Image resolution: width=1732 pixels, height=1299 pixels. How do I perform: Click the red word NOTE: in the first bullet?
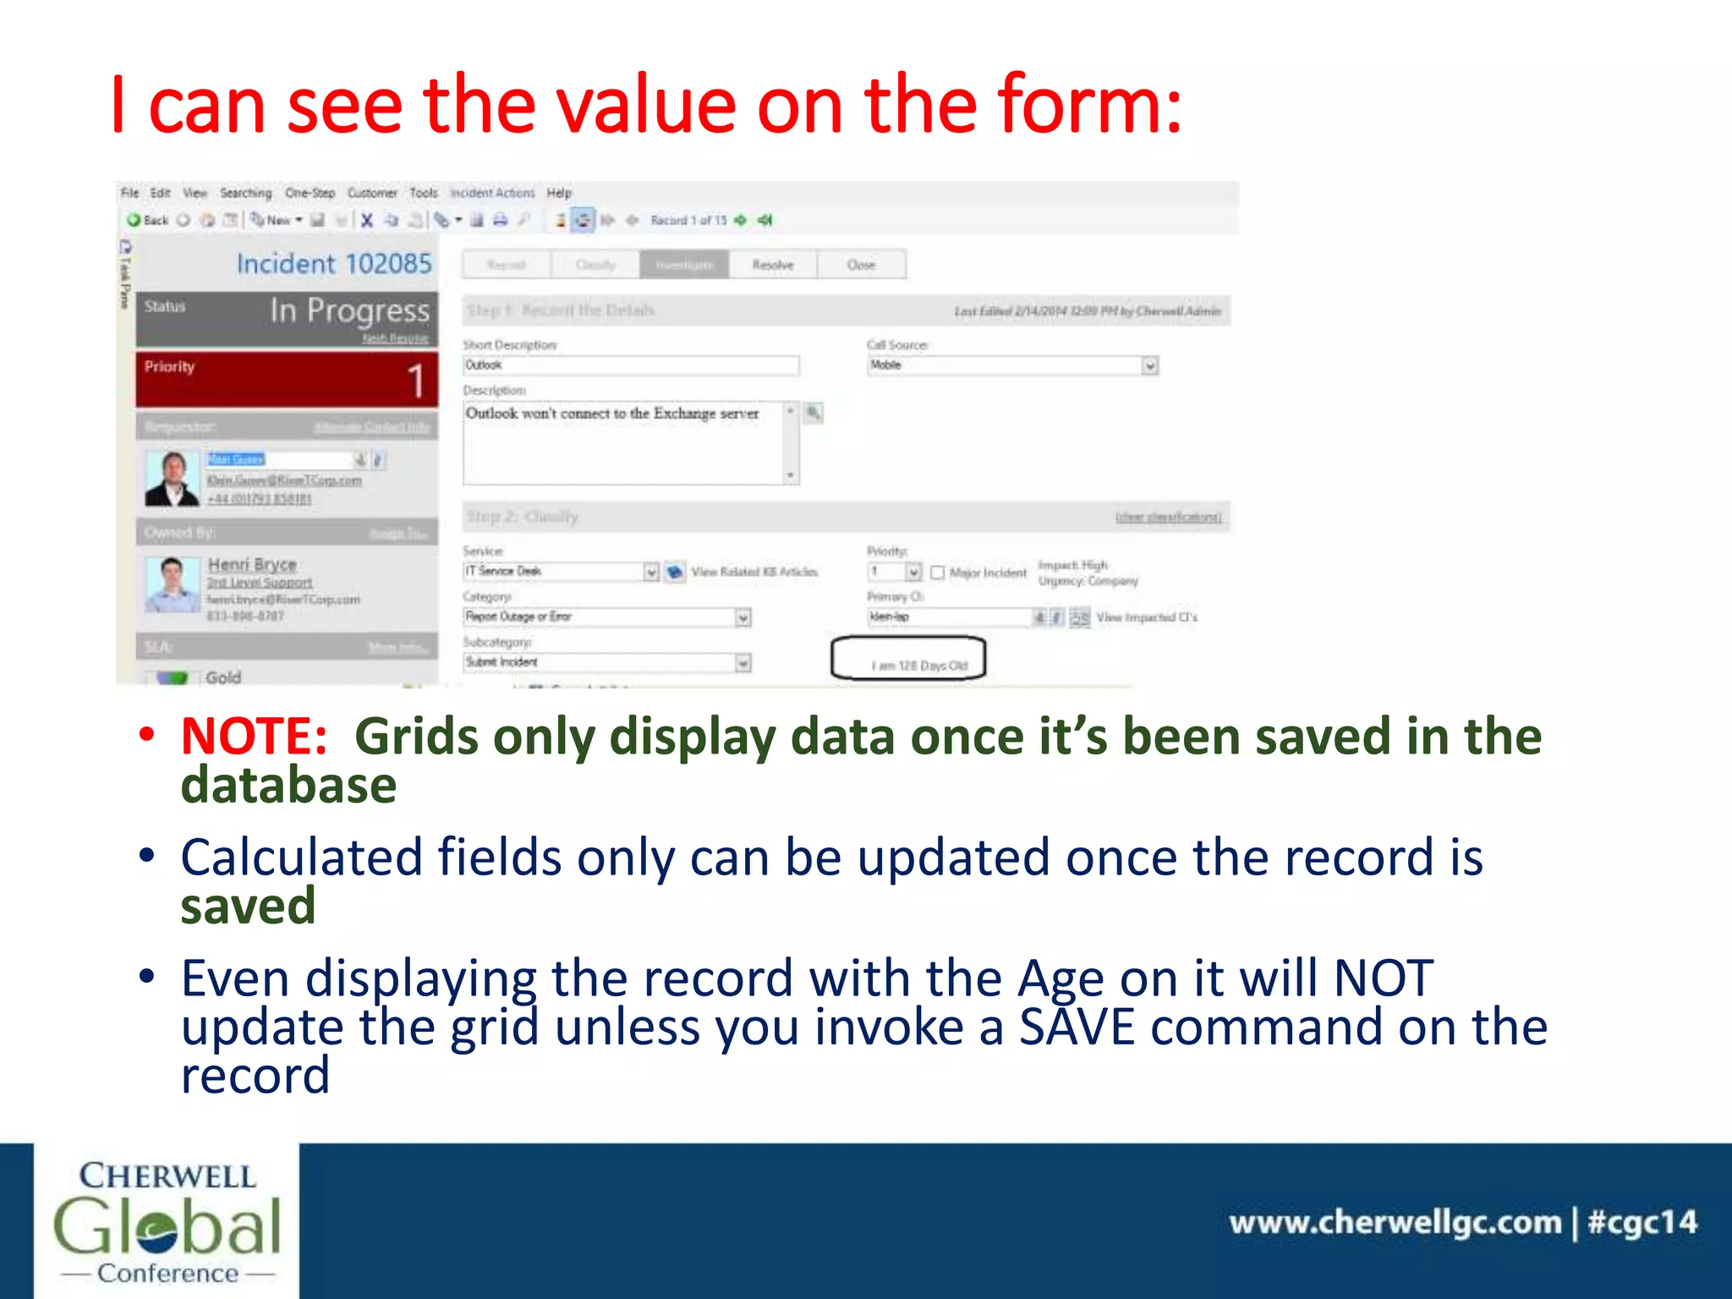click(254, 736)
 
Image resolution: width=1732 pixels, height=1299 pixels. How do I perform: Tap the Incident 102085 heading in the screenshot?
click(333, 264)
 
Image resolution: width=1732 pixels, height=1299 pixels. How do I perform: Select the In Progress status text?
click(349, 311)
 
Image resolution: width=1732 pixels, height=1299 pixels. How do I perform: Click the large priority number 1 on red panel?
click(414, 381)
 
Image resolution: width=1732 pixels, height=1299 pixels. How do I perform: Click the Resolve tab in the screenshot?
click(773, 265)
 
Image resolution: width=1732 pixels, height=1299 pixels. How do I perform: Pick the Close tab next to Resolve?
click(861, 265)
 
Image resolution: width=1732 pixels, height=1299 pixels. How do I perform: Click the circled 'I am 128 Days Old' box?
click(909, 660)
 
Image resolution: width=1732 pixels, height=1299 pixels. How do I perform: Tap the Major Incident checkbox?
click(937, 573)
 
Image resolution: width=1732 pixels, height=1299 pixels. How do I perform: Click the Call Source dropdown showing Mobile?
click(1011, 365)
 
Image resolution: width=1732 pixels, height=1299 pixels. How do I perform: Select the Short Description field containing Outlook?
click(630, 365)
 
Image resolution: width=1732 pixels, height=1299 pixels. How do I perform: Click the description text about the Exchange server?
click(612, 414)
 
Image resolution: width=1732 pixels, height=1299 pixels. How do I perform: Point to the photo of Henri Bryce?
click(172, 584)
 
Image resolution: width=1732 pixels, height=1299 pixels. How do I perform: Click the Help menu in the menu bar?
click(559, 193)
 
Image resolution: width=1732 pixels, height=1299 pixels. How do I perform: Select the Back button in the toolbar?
click(148, 221)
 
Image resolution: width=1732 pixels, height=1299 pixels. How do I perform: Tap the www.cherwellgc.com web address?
click(1395, 1222)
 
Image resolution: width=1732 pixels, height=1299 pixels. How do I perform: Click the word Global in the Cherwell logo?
click(167, 1225)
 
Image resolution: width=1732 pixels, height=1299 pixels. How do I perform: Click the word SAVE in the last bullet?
click(1076, 1027)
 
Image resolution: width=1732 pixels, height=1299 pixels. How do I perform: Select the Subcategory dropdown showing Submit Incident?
click(606, 662)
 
